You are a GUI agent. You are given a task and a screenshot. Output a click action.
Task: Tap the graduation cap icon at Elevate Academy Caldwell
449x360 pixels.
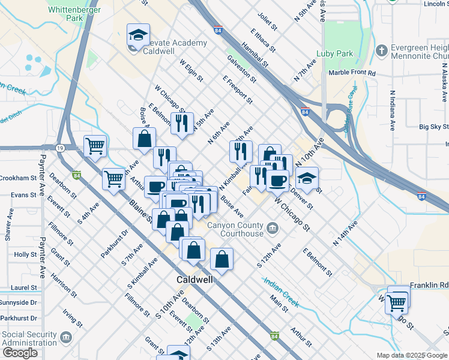138,35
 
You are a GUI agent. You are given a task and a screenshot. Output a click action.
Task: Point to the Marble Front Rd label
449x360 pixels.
352,73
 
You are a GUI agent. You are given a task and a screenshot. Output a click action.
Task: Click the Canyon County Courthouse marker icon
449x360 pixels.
273,226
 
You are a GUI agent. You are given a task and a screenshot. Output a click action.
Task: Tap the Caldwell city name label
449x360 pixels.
196,280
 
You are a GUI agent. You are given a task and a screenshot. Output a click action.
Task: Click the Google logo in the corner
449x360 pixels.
20,353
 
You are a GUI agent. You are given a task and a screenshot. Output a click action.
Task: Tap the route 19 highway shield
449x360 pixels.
61,148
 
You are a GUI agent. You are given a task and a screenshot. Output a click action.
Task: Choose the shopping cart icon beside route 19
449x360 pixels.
95,145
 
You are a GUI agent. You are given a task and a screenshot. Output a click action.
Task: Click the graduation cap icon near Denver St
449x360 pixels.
307,178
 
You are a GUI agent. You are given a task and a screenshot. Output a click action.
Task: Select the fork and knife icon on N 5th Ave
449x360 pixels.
182,124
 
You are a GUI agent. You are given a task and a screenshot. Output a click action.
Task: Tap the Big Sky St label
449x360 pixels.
433,127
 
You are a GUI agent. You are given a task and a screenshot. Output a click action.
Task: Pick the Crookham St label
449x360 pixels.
18,178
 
